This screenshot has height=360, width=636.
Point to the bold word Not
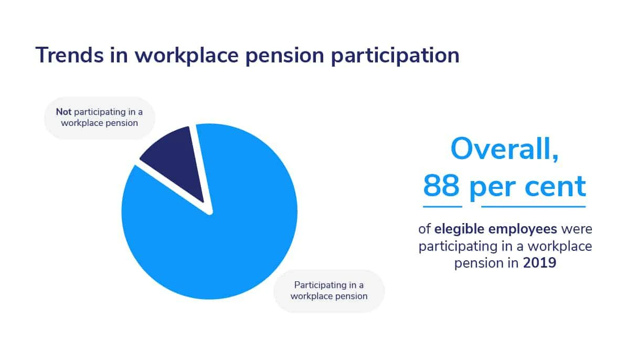click(x=64, y=112)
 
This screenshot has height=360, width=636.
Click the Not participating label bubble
click(x=99, y=118)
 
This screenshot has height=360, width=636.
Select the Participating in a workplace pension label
click(x=329, y=291)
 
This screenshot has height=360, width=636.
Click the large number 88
click(x=442, y=186)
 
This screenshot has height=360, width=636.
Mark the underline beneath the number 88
click(x=442, y=206)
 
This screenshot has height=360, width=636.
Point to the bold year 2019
click(x=539, y=262)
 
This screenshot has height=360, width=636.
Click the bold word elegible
click(x=458, y=229)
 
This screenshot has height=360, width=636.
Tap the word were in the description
click(x=577, y=229)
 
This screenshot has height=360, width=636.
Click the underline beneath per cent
click(x=533, y=206)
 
